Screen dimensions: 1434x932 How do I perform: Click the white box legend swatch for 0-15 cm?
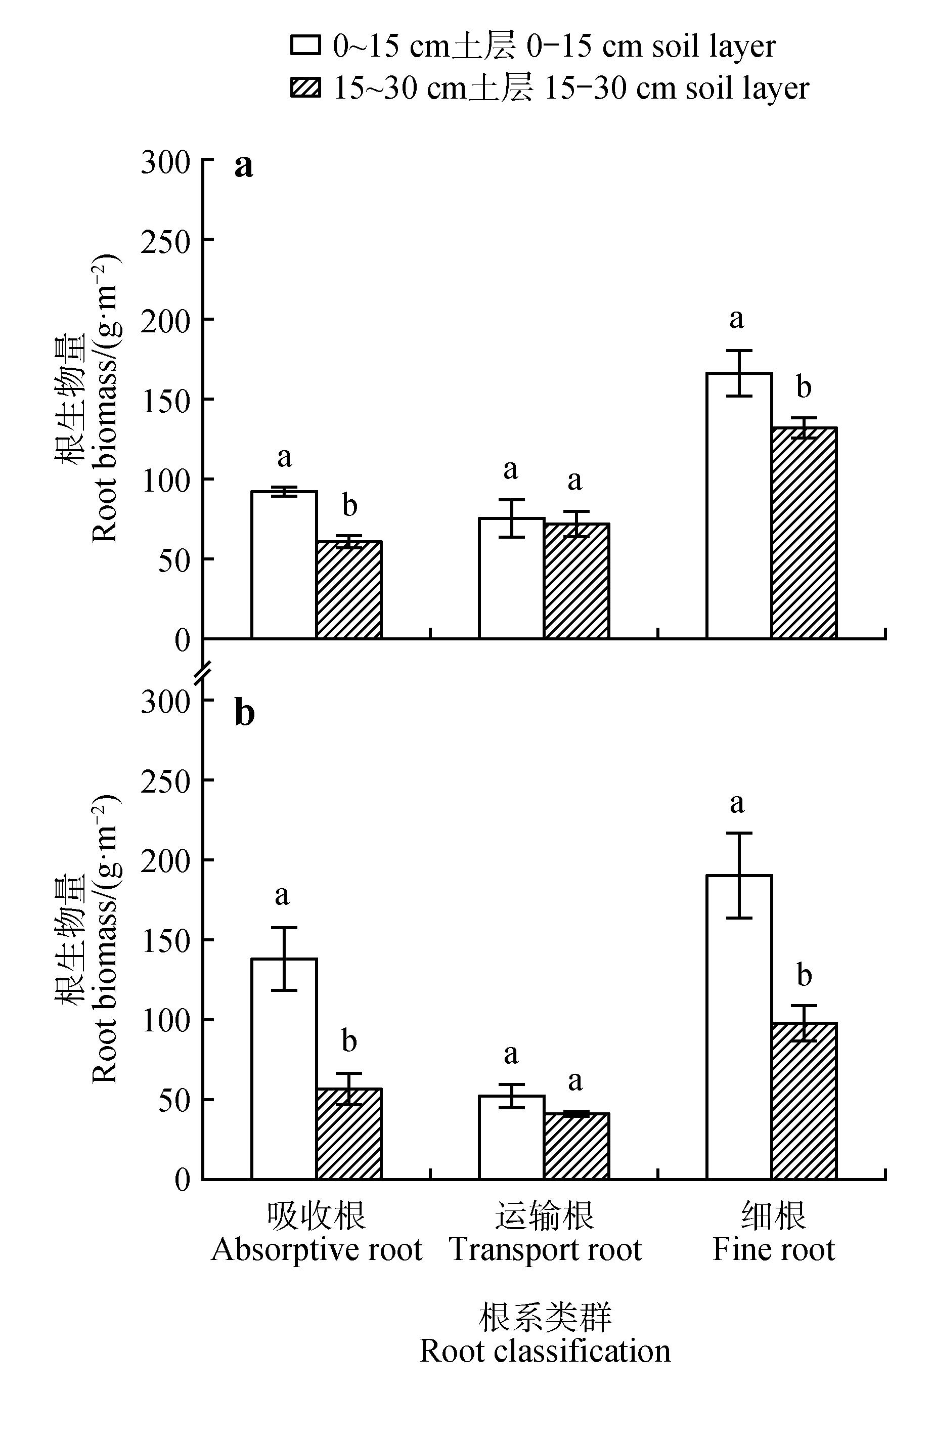pos(305,45)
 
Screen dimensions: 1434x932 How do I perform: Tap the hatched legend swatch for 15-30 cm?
pos(305,88)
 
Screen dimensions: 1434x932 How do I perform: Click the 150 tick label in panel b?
pos(166,939)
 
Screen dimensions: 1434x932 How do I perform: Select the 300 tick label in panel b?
pos(166,701)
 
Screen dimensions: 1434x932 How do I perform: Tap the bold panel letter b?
pos(244,713)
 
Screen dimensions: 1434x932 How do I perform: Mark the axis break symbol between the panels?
pos(203,671)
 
